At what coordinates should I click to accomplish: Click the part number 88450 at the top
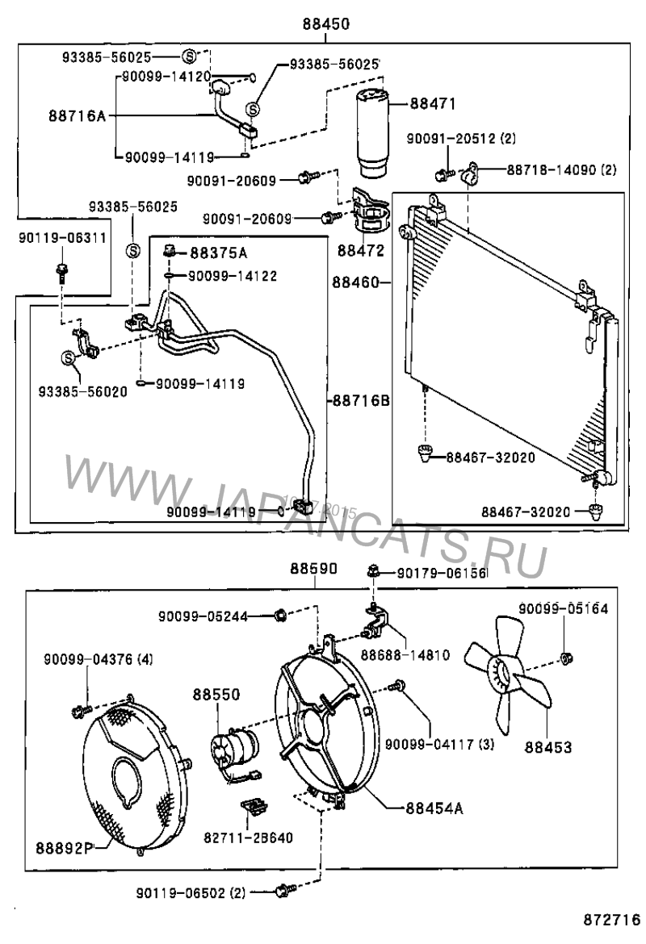(325, 24)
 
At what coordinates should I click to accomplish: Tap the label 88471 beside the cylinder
(433, 103)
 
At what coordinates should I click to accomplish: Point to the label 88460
(355, 282)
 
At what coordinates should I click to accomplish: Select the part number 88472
(360, 250)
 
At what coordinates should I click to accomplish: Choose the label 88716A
(77, 115)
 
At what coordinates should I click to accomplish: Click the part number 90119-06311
(62, 238)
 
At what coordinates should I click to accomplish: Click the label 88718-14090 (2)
(562, 169)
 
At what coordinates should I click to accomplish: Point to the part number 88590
(313, 569)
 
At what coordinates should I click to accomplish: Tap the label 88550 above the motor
(216, 694)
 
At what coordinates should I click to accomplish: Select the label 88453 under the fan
(547, 747)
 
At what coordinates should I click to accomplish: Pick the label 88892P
(65, 848)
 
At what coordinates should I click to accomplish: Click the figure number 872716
(611, 920)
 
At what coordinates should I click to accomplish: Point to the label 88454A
(434, 808)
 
